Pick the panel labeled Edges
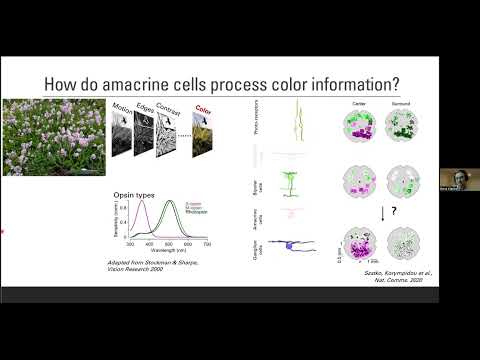tap(145, 135)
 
